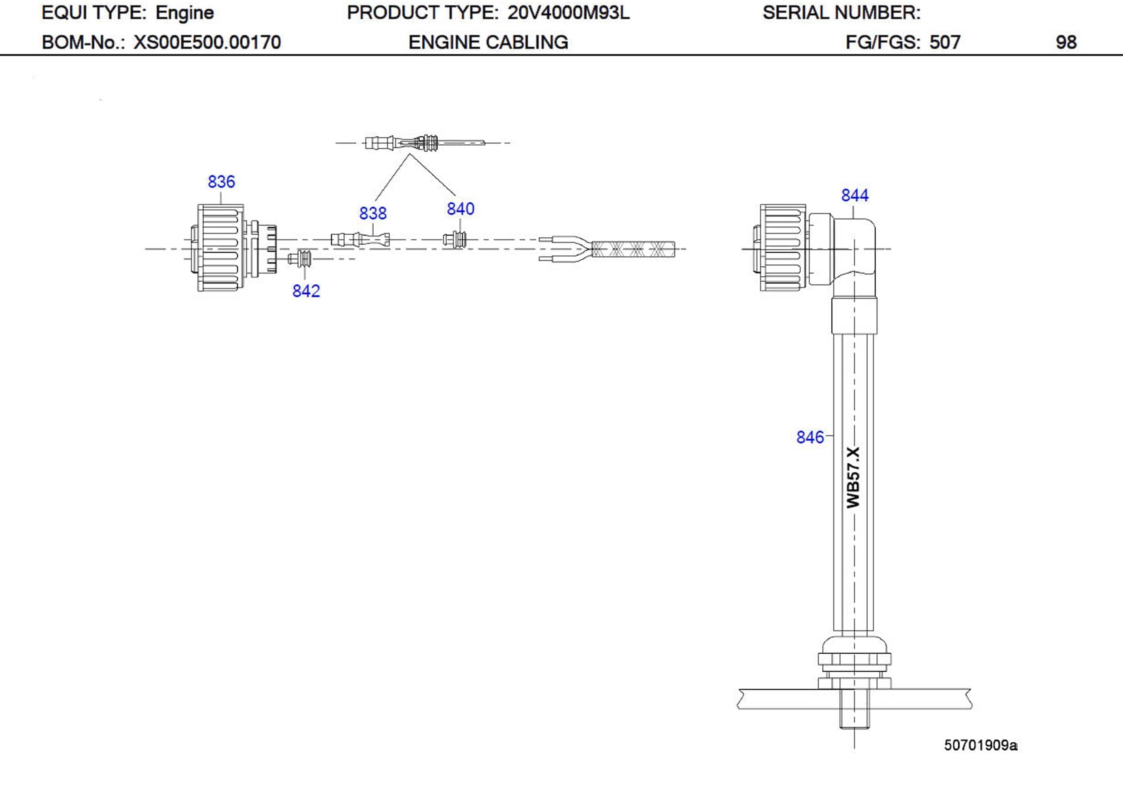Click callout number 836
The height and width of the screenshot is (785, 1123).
(221, 181)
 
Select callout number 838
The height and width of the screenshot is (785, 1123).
(373, 213)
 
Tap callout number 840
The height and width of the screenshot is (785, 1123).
(460, 209)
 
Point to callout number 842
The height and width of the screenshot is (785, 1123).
(306, 291)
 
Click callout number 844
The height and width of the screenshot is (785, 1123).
(854, 195)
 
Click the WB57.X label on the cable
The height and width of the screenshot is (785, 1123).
(853, 477)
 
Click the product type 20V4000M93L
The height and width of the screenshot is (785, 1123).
(568, 13)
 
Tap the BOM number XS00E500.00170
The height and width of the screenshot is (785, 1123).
(208, 43)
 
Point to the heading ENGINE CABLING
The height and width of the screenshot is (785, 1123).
(488, 43)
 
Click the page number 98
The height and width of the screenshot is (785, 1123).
(1066, 43)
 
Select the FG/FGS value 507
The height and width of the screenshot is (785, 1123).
(945, 43)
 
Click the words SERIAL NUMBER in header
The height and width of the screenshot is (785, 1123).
(841, 13)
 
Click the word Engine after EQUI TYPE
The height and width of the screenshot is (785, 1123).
(184, 13)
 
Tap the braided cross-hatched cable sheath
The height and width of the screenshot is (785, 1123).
(633, 249)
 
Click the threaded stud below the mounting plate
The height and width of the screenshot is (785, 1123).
(854, 716)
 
